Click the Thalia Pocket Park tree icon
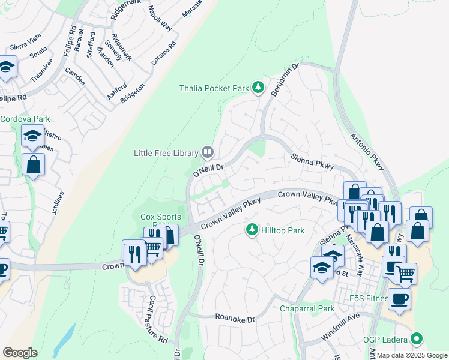tap(258, 88)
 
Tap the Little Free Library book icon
tap(207, 153)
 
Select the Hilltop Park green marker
tap(252, 230)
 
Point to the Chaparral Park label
tap(307, 309)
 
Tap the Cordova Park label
tap(25, 119)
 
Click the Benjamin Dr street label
tap(285, 79)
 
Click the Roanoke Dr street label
tap(235, 319)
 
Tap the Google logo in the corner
tap(20, 353)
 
